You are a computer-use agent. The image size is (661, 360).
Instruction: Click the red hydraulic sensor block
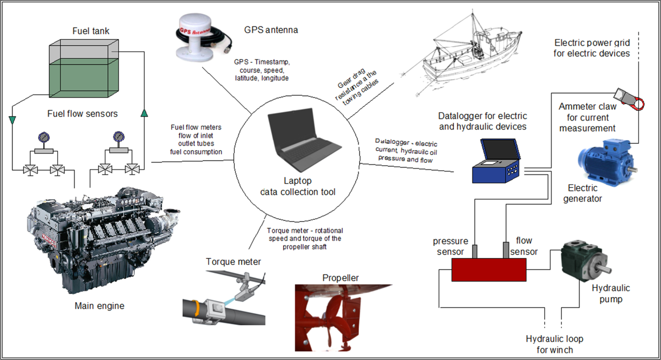click(489, 270)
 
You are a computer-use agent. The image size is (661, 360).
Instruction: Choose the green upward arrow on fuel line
click(144, 113)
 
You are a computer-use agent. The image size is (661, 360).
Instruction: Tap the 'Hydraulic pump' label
click(610, 294)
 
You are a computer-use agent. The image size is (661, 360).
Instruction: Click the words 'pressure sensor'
click(451, 246)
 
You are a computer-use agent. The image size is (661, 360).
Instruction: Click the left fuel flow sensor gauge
click(42, 137)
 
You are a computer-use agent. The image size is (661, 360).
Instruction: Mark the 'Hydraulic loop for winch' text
click(554, 344)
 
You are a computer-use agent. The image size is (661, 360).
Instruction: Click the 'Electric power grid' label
click(591, 47)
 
